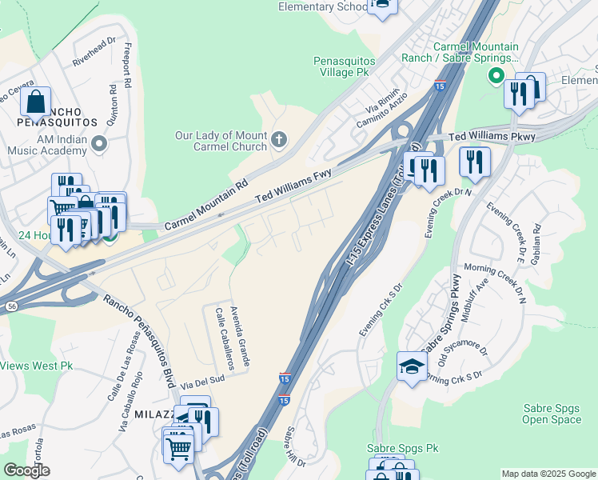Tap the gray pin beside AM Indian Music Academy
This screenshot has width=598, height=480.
tap(99, 144)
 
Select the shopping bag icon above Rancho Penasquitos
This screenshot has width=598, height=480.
tap(36, 102)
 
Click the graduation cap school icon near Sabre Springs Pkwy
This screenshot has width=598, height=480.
tap(411, 367)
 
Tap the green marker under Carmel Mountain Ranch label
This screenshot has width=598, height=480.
tap(496, 77)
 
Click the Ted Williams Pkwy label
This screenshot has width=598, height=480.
tap(491, 138)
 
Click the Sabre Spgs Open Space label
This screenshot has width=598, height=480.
tap(552, 414)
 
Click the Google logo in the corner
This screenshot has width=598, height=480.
tap(26, 470)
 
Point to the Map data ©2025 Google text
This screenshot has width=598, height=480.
tap(548, 474)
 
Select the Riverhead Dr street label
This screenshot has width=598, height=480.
tap(94, 50)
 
